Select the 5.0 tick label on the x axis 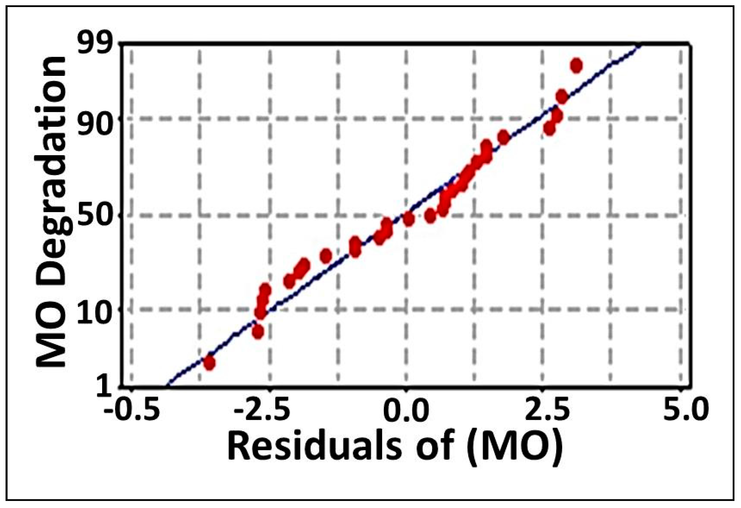(682, 414)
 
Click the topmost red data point (577, 66)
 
